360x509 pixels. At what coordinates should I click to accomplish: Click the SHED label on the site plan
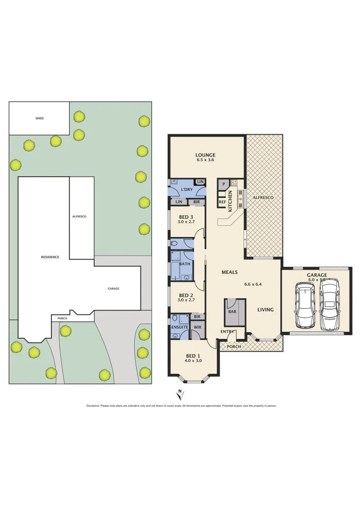(x=40, y=118)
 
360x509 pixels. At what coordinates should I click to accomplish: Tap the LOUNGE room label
(x=205, y=155)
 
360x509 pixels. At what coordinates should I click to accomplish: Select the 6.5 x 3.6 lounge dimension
(x=205, y=161)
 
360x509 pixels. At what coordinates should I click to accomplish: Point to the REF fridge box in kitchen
(x=222, y=202)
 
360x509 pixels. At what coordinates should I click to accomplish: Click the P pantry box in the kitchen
(x=223, y=184)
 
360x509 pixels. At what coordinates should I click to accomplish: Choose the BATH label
(x=185, y=264)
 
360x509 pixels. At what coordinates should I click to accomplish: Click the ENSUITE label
(x=180, y=327)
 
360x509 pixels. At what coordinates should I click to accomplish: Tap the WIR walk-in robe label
(x=197, y=327)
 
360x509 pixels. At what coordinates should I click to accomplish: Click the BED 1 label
(x=194, y=355)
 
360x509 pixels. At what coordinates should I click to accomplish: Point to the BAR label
(x=233, y=312)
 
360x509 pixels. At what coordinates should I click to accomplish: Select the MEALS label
(x=229, y=272)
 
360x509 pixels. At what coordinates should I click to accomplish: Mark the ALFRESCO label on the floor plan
(x=263, y=197)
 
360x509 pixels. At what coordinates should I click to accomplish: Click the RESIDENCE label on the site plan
(x=50, y=257)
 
